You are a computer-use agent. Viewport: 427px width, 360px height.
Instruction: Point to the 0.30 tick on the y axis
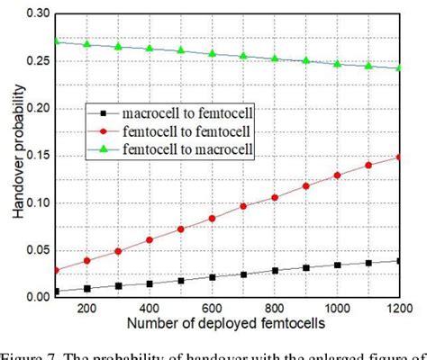tap(41, 14)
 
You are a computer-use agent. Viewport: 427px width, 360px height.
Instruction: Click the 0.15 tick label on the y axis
tap(41, 156)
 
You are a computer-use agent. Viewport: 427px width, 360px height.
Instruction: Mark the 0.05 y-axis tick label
tap(41, 250)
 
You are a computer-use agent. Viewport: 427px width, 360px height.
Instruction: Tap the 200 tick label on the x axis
tap(87, 307)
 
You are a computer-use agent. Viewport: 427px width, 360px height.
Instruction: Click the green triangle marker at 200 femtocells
tap(87, 43)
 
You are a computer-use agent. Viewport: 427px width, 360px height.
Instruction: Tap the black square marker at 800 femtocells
tap(275, 271)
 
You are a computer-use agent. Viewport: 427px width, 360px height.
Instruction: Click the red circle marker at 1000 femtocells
tap(338, 175)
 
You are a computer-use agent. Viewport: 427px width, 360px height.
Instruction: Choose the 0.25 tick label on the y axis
tap(41, 61)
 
